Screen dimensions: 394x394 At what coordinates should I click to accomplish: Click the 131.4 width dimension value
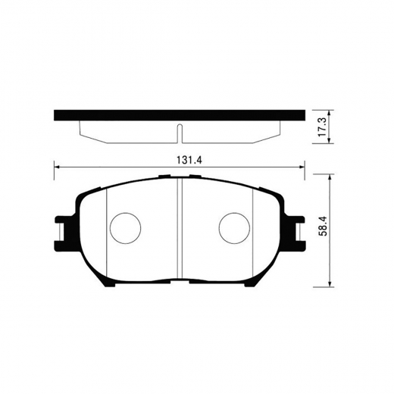click(x=180, y=158)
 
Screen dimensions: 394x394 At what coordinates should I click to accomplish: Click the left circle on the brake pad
click(x=126, y=227)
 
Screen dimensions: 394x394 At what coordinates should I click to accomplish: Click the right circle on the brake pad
click(x=234, y=227)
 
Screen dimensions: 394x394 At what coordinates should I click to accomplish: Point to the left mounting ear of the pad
click(x=64, y=228)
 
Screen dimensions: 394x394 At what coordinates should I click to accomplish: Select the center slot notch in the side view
click(x=180, y=133)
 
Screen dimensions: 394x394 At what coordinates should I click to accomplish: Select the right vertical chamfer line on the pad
click(x=252, y=227)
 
